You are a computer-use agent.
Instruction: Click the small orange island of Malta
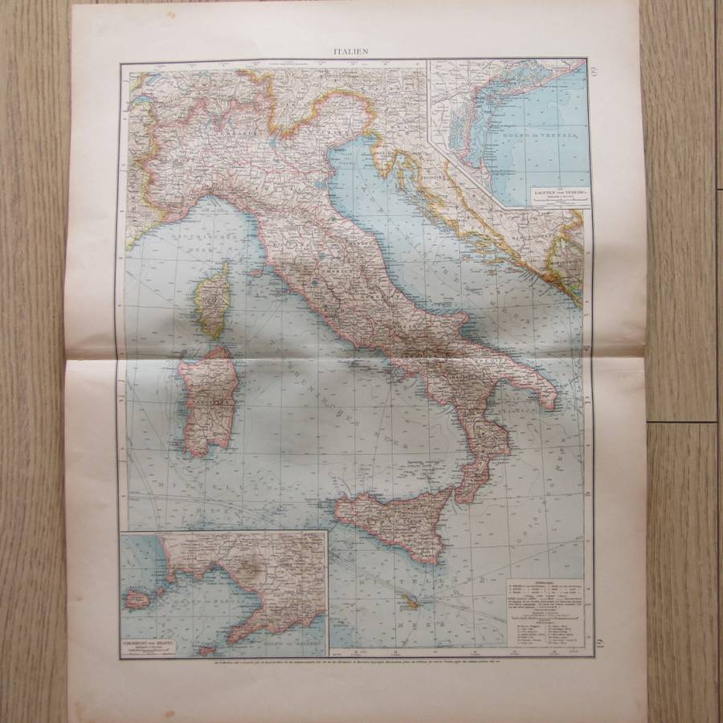(412, 601)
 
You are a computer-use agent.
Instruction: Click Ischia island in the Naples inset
(137, 599)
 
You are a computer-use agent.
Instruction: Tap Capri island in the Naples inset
(207, 649)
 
